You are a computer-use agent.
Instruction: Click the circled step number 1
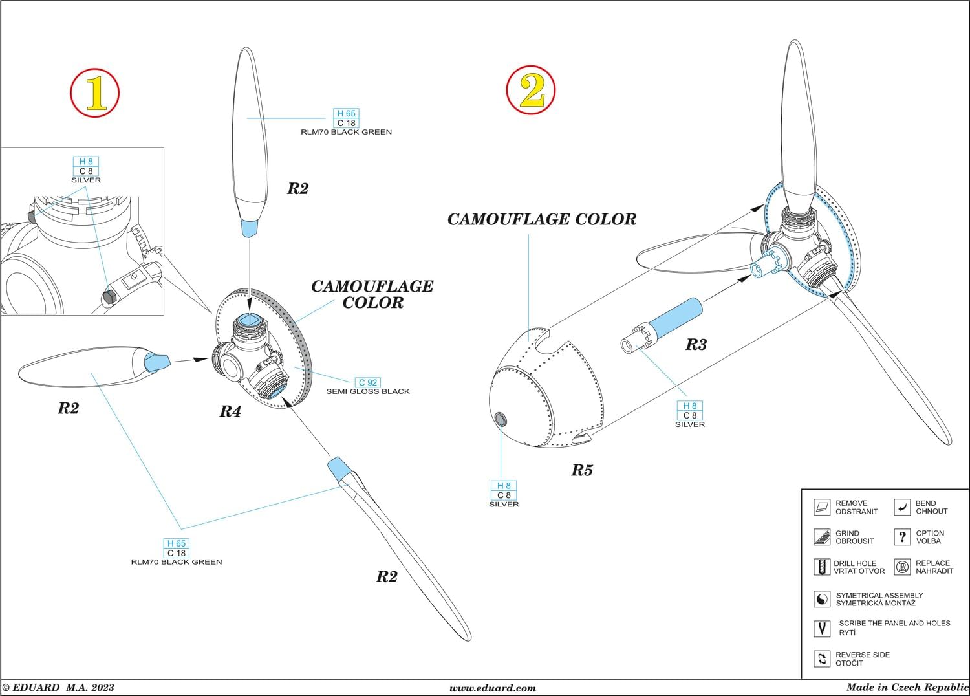coord(95,94)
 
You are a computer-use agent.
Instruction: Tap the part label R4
coord(230,411)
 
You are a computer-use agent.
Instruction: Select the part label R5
coord(581,470)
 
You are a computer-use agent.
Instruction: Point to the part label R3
coord(696,345)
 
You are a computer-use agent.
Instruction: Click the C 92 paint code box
coord(368,382)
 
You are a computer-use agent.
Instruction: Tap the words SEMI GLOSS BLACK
coord(368,391)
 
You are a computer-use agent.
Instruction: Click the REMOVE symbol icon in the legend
coord(821,507)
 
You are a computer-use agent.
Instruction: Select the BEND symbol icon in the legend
coord(901,507)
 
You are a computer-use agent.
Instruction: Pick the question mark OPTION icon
coord(901,537)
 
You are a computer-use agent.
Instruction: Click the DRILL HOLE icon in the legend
coord(821,567)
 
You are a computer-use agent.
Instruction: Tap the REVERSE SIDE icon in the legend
coord(821,658)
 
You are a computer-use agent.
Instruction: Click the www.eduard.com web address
coord(493,688)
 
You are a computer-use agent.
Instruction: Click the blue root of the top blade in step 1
coord(250,228)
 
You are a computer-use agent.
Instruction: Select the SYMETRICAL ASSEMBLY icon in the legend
coord(821,599)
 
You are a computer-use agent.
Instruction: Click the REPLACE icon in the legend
coord(901,567)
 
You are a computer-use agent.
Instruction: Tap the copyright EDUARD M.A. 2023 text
coord(58,688)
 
